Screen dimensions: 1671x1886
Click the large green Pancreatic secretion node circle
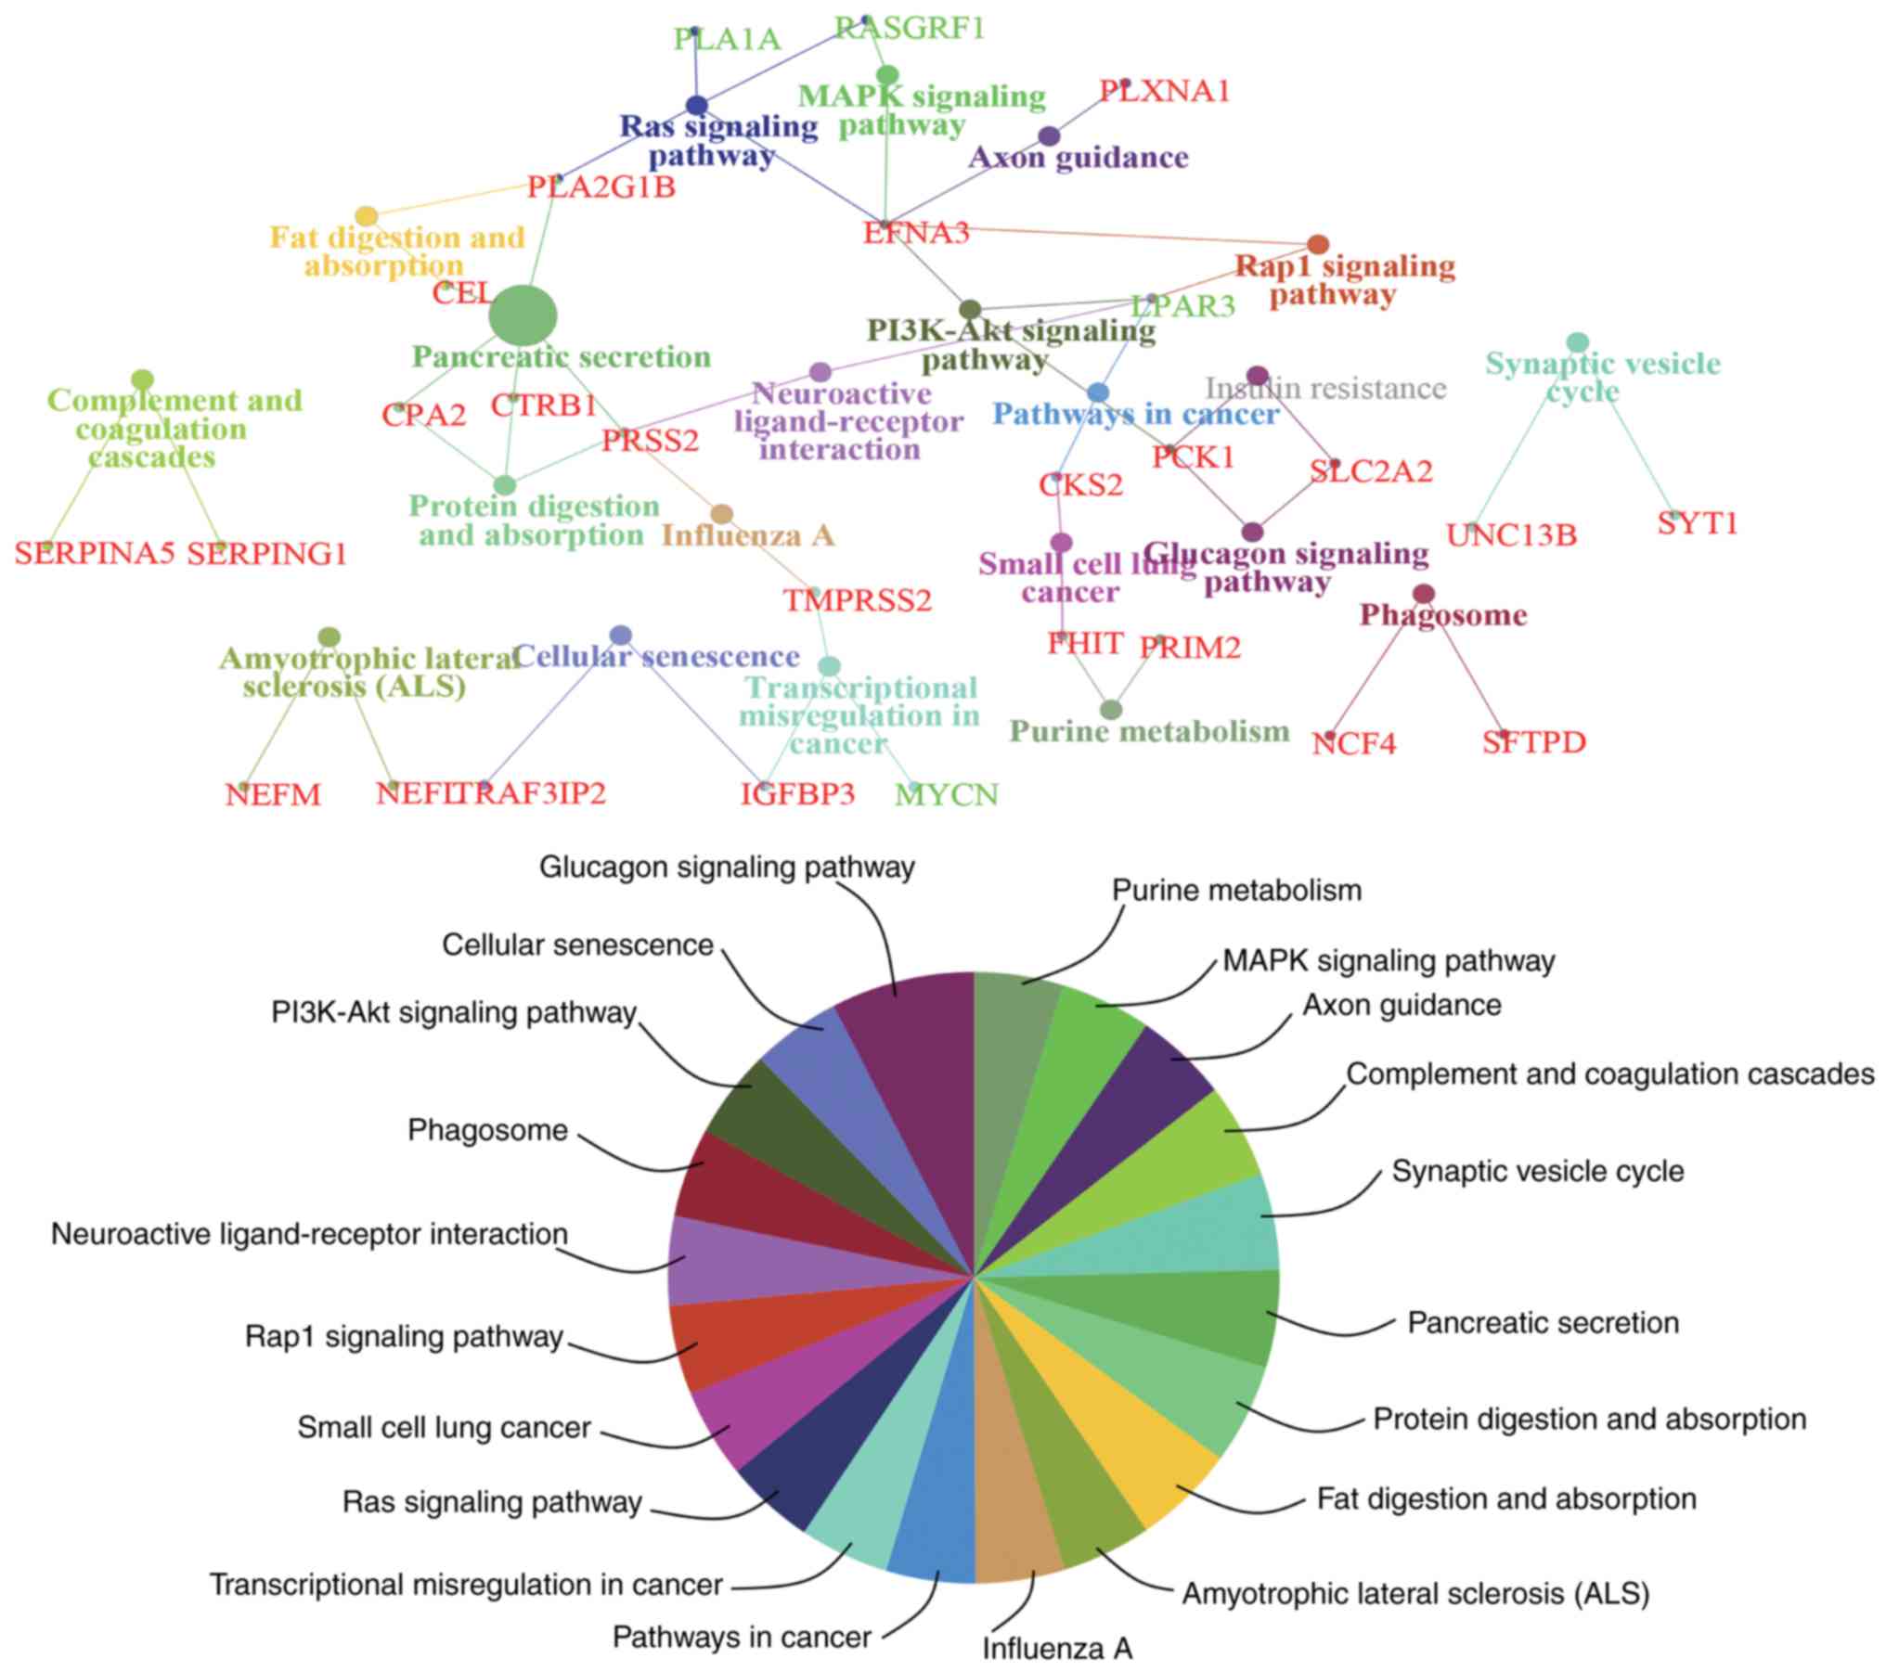(523, 315)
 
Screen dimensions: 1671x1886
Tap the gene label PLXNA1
(1164, 92)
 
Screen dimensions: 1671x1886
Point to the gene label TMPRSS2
(857, 601)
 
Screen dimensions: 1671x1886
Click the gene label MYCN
(946, 795)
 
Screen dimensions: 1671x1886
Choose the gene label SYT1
(1697, 524)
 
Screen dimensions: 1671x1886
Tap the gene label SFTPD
(1533, 743)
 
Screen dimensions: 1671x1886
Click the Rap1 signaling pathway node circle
(1317, 245)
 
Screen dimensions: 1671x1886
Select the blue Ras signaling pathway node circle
(696, 106)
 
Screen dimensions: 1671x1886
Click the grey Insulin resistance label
(1325, 388)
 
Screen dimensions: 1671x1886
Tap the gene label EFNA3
(915, 233)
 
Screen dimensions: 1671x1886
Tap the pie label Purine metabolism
(1236, 891)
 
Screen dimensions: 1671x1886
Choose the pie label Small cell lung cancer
(444, 1428)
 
